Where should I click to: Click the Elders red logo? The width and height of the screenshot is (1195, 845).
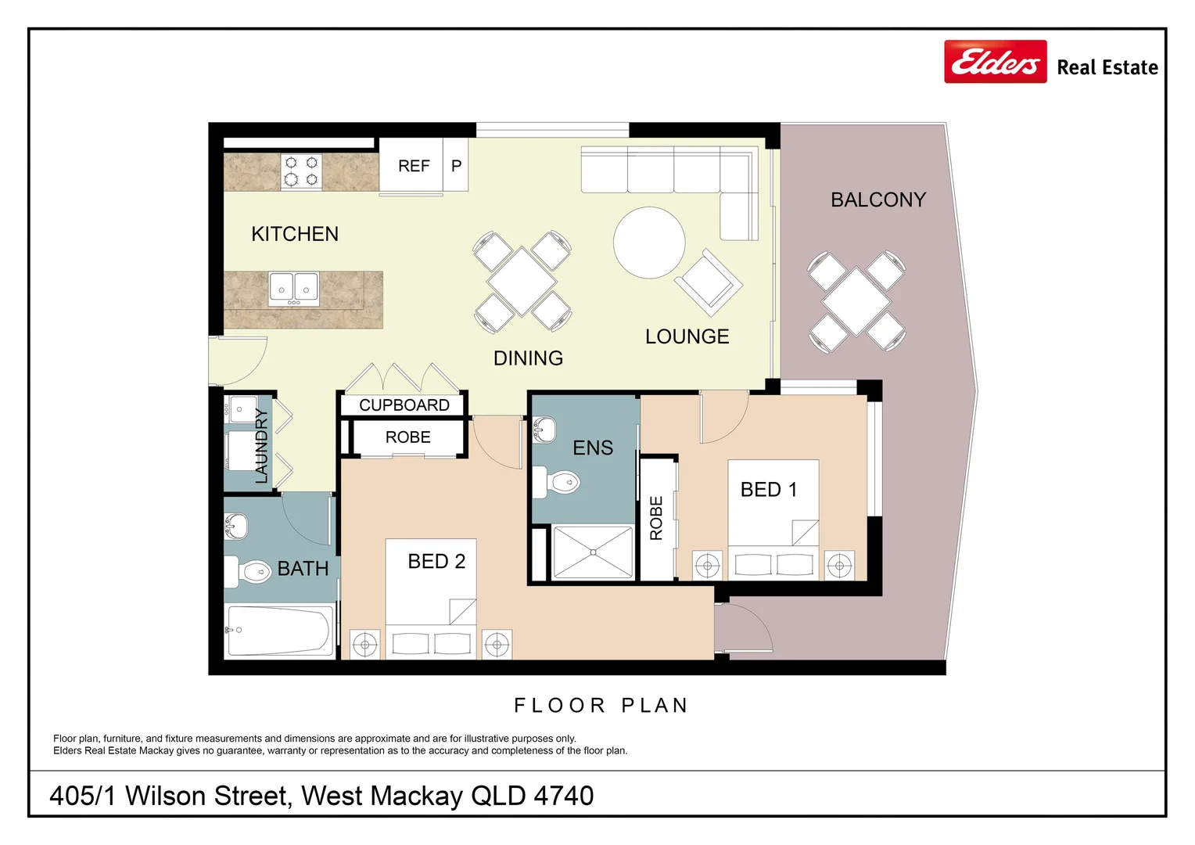[x=995, y=62]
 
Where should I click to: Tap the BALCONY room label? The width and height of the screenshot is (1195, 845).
[x=877, y=200]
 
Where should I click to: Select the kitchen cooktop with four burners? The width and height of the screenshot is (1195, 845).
[x=301, y=171]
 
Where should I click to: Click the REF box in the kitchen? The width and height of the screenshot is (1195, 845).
[x=413, y=166]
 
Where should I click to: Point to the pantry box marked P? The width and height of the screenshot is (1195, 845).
[x=456, y=166]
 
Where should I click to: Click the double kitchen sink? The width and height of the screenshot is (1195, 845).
[x=294, y=288]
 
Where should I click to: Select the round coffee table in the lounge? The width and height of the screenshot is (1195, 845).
[x=649, y=243]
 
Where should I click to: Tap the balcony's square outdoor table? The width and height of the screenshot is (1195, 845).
[x=856, y=301]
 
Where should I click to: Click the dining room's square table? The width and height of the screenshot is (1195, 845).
[x=522, y=281]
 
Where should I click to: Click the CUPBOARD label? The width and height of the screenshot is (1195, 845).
[x=404, y=405]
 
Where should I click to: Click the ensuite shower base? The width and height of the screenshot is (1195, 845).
[x=593, y=552]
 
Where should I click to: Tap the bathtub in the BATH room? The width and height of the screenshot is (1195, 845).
[x=279, y=630]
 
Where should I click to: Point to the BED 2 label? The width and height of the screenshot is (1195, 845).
[x=436, y=562]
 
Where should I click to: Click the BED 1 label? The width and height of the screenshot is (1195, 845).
[x=768, y=490]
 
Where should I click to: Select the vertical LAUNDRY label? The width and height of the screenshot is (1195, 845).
[x=261, y=445]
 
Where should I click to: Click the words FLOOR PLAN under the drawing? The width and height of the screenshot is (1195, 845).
[x=601, y=706]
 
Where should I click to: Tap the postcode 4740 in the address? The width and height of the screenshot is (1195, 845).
[x=563, y=796]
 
